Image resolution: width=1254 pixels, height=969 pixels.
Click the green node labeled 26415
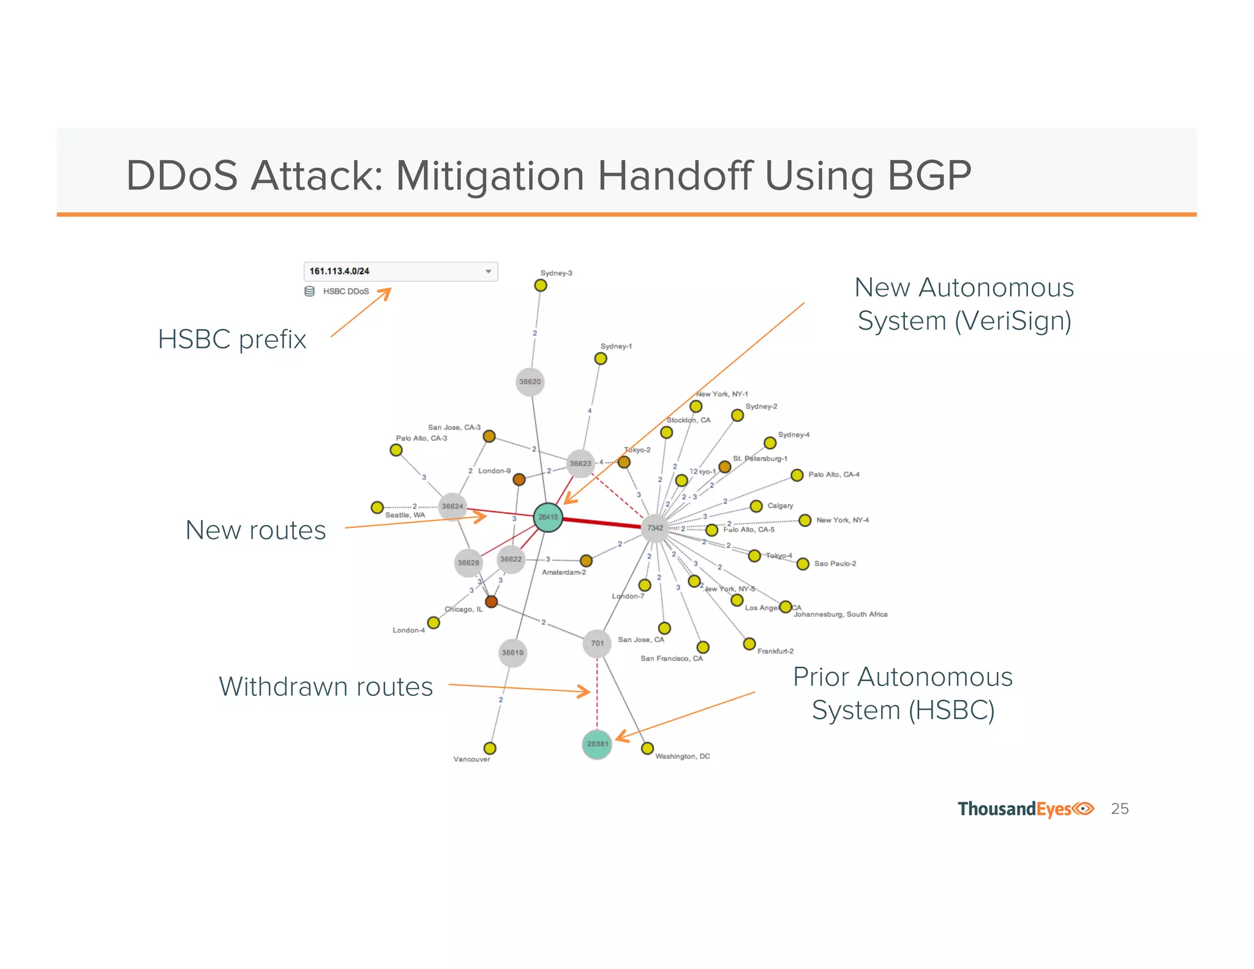[x=548, y=517]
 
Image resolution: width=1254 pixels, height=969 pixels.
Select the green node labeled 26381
[x=597, y=744]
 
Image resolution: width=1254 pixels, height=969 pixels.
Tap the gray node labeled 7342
[x=655, y=527]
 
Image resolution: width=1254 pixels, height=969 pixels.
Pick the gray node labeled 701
[x=597, y=643]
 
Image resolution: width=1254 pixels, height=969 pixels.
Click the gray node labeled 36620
[x=530, y=382]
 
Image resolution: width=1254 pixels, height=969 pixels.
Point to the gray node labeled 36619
[x=512, y=652]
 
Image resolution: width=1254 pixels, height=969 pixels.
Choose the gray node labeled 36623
[x=580, y=463]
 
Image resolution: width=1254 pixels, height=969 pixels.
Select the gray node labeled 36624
[x=452, y=507]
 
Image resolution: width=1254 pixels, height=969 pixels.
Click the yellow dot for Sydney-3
[x=541, y=285]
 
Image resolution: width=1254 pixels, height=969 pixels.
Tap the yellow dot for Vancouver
[x=490, y=748]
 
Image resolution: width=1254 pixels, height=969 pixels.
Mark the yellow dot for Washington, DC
[x=647, y=748]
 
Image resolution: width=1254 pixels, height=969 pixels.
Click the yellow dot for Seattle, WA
[x=377, y=507]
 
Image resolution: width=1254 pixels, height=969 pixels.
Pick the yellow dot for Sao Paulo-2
[x=803, y=564]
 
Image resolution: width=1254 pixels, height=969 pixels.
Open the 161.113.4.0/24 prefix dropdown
[x=400, y=271]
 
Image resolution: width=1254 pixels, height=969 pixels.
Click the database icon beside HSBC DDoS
[x=310, y=291]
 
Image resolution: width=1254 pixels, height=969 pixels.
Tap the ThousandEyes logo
[x=1026, y=809]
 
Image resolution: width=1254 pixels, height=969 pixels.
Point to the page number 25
[x=1119, y=809]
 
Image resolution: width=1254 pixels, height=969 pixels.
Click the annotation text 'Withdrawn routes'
[x=326, y=687]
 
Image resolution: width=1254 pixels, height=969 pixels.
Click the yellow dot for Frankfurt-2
[x=749, y=644]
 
